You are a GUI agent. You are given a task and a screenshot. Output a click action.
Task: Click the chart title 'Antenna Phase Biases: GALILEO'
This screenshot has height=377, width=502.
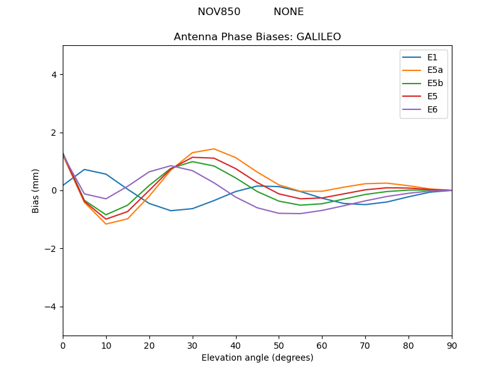tap(257, 37)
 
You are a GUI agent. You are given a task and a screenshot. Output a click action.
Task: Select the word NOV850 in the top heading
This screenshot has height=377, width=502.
tap(219, 12)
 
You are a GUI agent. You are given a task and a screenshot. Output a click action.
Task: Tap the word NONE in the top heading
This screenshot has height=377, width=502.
tap(289, 12)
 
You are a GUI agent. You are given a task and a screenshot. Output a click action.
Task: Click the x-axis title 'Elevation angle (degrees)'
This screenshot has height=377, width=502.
tap(257, 358)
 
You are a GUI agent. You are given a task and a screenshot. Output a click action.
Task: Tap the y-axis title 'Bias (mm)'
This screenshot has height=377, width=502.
tap(36, 190)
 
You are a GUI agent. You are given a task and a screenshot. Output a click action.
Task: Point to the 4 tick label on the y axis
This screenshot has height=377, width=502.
tap(54, 75)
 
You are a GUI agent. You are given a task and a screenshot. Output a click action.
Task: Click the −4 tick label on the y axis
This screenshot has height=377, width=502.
tap(51, 307)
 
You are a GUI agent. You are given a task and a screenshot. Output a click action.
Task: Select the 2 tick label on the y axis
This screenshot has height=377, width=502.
tap(54, 133)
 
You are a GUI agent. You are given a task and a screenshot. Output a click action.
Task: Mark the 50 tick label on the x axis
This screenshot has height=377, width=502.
tap(279, 345)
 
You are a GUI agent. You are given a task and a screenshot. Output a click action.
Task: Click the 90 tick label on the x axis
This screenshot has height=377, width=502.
tap(452, 345)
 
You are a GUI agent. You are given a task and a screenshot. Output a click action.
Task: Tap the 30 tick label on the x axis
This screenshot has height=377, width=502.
tap(193, 345)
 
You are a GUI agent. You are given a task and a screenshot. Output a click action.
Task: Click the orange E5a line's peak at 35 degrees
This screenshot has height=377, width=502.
tap(214, 149)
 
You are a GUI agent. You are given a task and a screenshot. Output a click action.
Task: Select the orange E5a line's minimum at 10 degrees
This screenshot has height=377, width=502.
tap(106, 224)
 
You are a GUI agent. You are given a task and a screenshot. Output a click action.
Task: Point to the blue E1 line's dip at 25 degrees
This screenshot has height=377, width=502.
tap(171, 210)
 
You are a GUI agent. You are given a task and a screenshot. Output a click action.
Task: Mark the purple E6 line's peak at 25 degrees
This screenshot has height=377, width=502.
tap(171, 166)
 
